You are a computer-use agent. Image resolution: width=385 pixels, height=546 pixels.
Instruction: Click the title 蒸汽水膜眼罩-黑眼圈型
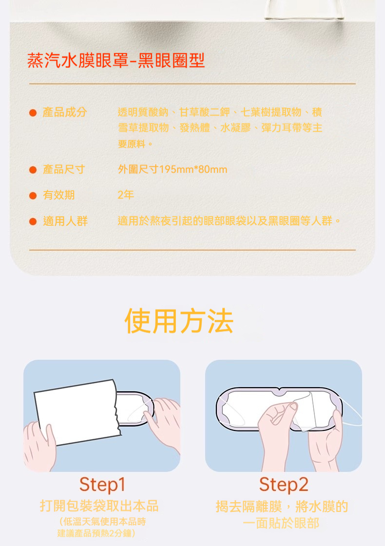point(116,60)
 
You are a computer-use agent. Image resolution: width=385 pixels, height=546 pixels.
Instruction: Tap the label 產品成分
point(65,112)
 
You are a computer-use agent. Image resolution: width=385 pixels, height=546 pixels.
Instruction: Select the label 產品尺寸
point(64,169)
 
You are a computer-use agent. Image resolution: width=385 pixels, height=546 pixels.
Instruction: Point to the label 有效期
point(59,195)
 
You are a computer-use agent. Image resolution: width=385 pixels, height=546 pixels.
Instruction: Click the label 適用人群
point(65,221)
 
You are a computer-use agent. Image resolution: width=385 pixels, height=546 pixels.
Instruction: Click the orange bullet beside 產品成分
point(33,113)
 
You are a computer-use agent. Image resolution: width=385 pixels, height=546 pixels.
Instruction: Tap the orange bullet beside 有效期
point(33,195)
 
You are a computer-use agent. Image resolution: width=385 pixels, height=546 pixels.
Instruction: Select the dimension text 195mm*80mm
point(193,170)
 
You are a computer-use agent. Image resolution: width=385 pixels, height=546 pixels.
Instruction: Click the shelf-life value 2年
point(126,195)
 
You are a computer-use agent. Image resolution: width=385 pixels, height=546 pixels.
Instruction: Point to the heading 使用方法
point(179,321)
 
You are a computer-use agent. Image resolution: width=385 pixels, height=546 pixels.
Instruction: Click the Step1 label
point(102,485)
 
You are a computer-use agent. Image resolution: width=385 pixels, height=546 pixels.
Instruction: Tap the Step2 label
point(284,485)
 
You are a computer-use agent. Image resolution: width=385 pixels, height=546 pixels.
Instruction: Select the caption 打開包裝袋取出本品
point(99,506)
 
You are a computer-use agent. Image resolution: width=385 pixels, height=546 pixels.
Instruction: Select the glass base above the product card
point(305,10)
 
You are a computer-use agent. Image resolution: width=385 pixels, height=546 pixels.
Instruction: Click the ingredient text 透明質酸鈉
point(143,112)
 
